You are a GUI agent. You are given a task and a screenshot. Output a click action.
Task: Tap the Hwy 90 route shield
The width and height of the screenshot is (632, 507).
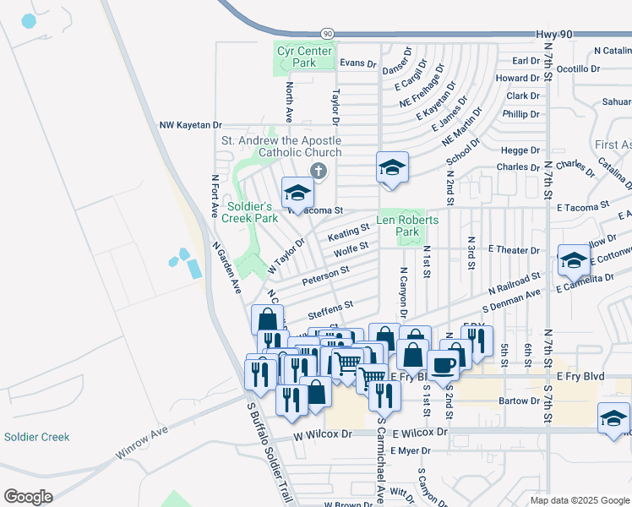(x=327, y=33)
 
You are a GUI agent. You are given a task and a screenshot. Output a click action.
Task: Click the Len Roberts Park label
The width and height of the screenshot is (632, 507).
(x=407, y=226)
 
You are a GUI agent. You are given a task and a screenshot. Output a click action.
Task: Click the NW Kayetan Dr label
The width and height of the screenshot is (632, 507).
(x=190, y=125)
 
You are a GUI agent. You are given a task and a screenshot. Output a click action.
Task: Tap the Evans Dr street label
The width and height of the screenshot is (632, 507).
(x=357, y=63)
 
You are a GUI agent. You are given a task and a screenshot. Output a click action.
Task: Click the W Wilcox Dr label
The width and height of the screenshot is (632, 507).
(x=323, y=433)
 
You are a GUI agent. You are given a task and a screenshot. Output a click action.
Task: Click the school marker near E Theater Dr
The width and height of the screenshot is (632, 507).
(x=573, y=261)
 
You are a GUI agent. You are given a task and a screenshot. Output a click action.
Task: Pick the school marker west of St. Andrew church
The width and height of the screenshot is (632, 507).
(x=297, y=194)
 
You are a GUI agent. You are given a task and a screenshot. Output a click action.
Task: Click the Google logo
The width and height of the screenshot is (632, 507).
(x=29, y=497)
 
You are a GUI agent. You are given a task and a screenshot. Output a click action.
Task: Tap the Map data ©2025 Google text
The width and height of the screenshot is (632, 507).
(x=580, y=500)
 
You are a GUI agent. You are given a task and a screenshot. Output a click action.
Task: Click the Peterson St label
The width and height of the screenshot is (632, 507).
(x=325, y=275)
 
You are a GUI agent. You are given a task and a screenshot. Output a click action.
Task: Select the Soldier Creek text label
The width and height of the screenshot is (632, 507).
(x=36, y=437)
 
